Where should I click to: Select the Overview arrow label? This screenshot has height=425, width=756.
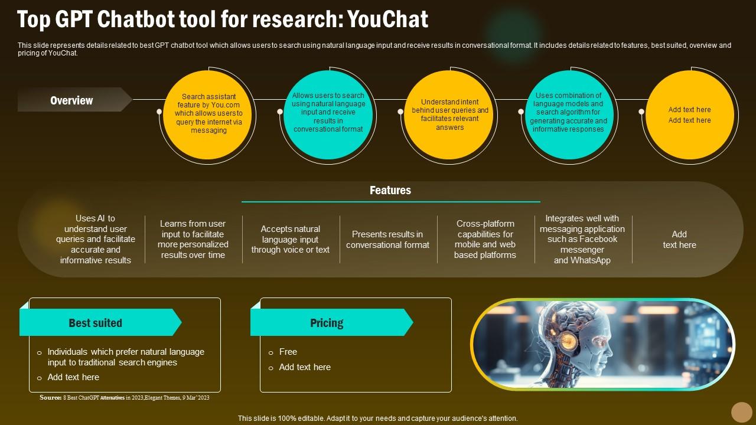72,100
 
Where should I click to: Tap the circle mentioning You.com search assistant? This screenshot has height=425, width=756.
208,113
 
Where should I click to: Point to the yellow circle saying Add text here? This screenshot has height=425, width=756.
689,115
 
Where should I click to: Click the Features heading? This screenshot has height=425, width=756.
390,190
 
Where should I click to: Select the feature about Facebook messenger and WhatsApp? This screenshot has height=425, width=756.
582,239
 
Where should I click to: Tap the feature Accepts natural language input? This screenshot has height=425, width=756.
291,239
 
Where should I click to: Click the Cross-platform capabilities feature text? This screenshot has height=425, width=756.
485,239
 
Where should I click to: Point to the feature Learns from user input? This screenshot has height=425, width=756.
193,239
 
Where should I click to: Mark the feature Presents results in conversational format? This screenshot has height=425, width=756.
387,239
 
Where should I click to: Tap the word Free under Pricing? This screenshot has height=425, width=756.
288,352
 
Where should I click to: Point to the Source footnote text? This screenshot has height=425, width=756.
125,398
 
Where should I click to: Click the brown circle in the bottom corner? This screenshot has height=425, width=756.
741,412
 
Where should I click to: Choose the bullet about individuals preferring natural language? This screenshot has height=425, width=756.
126,357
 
